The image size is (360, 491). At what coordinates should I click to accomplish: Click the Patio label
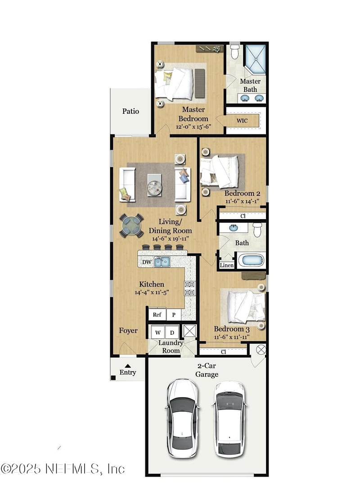pos(130,111)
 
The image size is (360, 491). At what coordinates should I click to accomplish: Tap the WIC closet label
pos(243,121)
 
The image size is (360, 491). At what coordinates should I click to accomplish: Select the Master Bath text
pos(250,85)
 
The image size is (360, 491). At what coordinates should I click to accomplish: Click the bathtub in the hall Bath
pos(251,261)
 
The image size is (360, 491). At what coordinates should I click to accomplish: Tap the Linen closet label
pos(227,265)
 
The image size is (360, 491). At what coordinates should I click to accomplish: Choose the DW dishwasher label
pos(147,262)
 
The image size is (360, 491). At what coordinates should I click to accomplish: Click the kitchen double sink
pos(162,262)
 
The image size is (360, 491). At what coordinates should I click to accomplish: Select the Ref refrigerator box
pos(157,315)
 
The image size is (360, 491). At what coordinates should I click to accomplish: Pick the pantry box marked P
pos(173,315)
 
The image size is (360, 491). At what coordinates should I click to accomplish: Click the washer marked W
pos(158,333)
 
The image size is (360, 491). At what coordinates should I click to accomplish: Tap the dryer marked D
pos(171,333)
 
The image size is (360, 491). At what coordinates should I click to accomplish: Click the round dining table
pos(131,226)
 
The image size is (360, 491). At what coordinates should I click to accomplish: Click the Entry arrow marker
pos(128,366)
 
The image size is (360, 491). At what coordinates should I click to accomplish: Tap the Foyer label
pos(128,330)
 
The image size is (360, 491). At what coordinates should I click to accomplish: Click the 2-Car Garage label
pos(207,370)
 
